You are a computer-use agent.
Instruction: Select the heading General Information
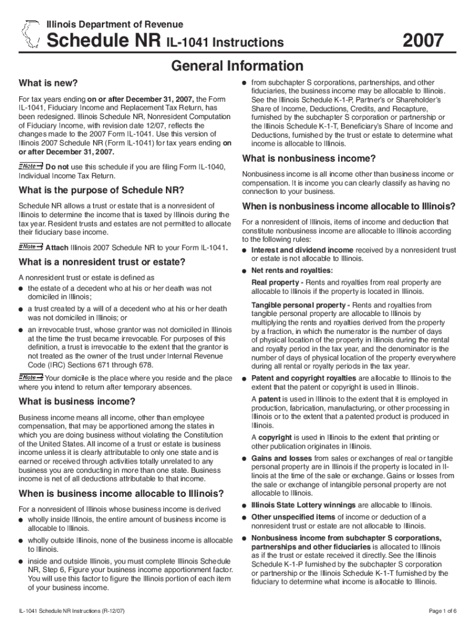pyautogui.click(x=237, y=66)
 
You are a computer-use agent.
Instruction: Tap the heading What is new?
pyautogui.click(x=48, y=83)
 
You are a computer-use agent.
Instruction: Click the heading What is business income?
pyautogui.click(x=77, y=401)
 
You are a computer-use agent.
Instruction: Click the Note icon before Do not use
pyautogui.click(x=31, y=166)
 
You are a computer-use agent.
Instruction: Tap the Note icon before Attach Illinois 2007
pyautogui.click(x=31, y=247)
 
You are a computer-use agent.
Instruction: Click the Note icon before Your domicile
pyautogui.click(x=31, y=377)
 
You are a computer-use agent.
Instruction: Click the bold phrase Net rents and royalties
pyautogui.click(x=292, y=270)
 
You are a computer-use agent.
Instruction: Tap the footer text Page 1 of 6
pyautogui.click(x=442, y=611)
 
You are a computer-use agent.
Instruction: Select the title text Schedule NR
pyautogui.click(x=104, y=41)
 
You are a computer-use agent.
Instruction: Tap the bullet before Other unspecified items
pyautogui.click(x=245, y=517)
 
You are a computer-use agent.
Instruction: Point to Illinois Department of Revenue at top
pyautogui.click(x=115, y=24)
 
